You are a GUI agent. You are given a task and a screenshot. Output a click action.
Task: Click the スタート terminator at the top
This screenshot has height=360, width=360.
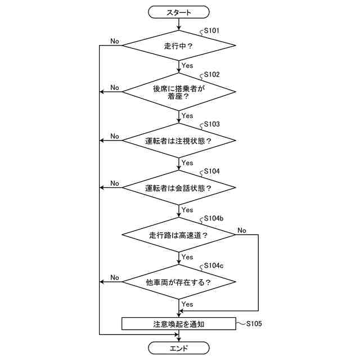(x=178, y=12)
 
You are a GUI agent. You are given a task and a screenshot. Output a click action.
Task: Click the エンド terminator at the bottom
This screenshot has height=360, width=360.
(x=178, y=349)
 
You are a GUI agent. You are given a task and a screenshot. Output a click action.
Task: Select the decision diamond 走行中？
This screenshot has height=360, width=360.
(x=178, y=46)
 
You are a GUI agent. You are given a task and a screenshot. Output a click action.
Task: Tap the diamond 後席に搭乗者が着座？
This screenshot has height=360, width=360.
(x=178, y=92)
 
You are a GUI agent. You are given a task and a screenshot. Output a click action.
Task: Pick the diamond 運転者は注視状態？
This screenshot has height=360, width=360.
(x=178, y=140)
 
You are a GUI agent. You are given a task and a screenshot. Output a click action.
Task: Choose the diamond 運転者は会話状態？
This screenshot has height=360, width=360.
(x=178, y=188)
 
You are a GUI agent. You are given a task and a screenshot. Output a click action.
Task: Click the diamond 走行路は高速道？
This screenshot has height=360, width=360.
(x=178, y=235)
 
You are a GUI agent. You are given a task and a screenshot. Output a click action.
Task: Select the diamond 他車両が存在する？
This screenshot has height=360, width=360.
(x=178, y=282)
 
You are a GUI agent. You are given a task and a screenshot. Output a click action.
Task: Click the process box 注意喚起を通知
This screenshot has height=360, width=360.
(x=178, y=324)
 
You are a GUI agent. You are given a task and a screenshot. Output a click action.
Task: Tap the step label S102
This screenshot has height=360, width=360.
(x=212, y=74)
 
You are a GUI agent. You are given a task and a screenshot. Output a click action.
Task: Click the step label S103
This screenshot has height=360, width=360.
(x=212, y=123)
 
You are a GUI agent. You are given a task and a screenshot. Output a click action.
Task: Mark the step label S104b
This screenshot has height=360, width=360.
(x=214, y=218)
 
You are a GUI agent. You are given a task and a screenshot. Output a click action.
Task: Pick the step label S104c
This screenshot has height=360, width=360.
(x=214, y=265)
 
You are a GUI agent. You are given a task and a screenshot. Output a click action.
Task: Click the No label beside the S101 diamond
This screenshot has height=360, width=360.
(x=115, y=41)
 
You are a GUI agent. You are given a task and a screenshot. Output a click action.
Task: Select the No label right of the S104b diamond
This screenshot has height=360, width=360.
(x=242, y=230)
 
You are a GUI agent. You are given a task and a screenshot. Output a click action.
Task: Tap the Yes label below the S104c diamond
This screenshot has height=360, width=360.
(x=187, y=304)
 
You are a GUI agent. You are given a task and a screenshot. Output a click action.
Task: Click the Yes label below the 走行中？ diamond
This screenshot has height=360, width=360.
(x=187, y=66)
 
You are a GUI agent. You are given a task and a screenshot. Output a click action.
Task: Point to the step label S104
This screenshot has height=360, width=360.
(x=212, y=170)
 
